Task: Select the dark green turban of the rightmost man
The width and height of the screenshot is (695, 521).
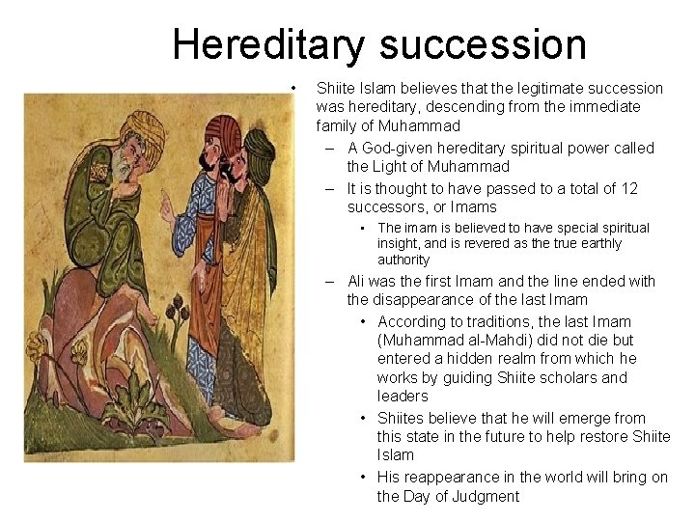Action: coord(258,146)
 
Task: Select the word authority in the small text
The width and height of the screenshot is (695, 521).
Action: coord(403,260)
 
